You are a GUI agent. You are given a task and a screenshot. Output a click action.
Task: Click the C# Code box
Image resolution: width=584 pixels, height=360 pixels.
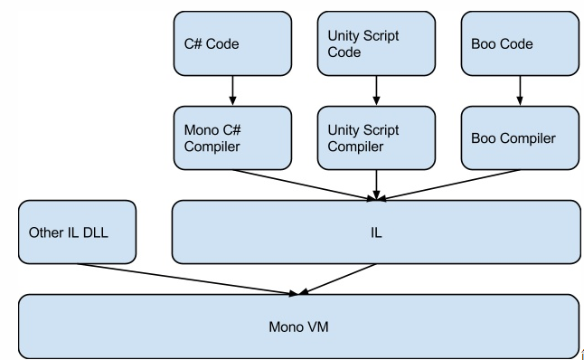pos(232,43)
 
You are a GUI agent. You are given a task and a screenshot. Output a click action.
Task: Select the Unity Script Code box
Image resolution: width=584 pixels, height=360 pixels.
pos(376,43)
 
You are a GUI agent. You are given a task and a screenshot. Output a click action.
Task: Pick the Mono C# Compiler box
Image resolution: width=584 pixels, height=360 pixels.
pos(232,137)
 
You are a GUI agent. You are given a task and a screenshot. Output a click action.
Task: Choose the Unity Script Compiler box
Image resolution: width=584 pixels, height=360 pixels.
pos(376,137)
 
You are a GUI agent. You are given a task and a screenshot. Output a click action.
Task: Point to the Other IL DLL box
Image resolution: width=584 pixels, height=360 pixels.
pos(77,232)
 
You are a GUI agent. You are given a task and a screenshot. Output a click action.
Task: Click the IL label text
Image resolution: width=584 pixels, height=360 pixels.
pos(376,232)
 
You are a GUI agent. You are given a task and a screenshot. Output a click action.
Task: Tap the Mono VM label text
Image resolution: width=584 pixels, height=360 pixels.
pos(298,326)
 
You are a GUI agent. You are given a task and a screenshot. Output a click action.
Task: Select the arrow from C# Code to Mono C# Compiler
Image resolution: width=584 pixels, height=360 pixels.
pos(232,90)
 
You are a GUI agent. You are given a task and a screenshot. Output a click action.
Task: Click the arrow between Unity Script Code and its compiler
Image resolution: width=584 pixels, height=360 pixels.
pos(376,90)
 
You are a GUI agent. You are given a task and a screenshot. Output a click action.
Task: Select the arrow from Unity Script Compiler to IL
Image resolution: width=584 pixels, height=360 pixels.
pos(376,185)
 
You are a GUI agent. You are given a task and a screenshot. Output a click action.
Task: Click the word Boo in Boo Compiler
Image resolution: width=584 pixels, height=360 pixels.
pos(486,138)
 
